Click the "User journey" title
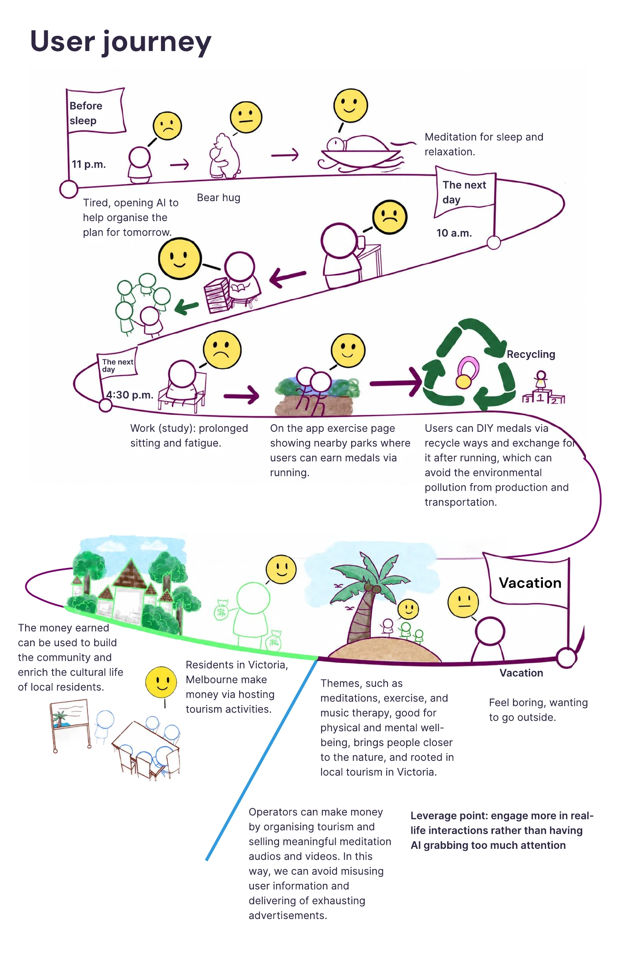[121, 41]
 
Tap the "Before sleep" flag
[96, 110]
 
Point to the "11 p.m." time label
[88, 164]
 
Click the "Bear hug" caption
[218, 198]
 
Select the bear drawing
[224, 156]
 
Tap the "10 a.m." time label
[454, 233]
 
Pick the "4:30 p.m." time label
[130, 395]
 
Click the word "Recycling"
[531, 354]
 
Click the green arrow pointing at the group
[187, 308]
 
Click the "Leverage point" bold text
[501, 830]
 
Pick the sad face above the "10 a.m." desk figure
[389, 217]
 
